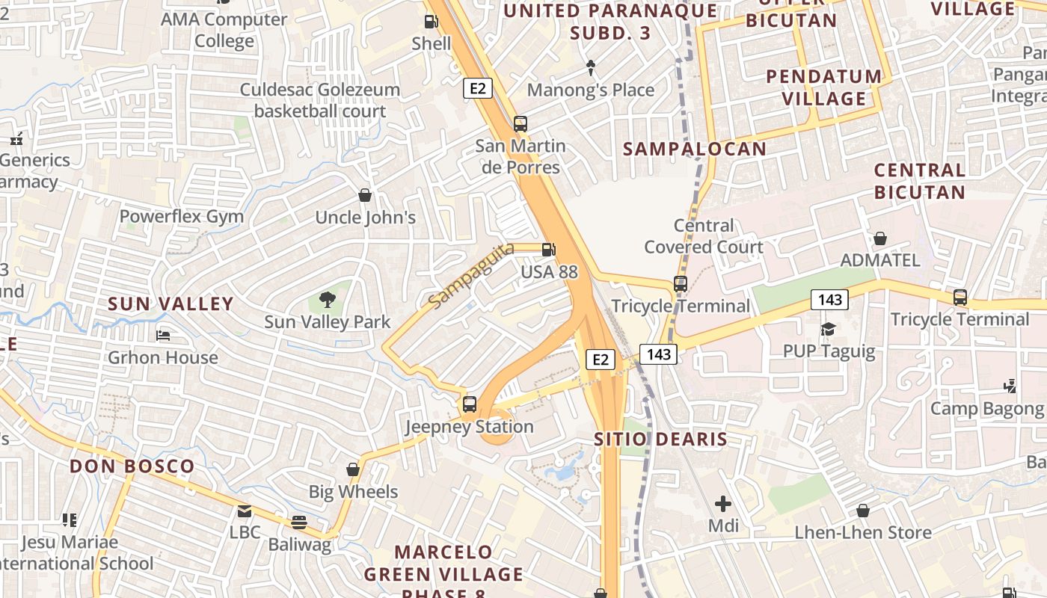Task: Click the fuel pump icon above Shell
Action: coord(432,22)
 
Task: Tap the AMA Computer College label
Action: coord(224,30)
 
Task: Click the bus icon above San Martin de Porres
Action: coord(520,124)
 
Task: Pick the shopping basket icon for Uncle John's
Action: coord(365,195)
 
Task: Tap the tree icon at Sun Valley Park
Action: coord(327,300)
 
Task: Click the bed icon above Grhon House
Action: coord(163,336)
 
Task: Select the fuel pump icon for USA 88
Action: coord(549,250)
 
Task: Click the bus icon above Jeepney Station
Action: coord(470,404)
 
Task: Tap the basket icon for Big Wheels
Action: coord(353,469)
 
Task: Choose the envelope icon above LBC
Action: coord(245,511)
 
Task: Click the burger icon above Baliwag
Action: coord(299,522)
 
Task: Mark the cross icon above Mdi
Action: coord(723,503)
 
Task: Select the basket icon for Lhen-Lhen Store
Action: coord(863,511)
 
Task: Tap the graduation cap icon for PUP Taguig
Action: coord(828,329)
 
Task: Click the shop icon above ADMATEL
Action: coord(880,238)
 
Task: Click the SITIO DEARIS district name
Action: coord(660,439)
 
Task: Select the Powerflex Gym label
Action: coord(182,217)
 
